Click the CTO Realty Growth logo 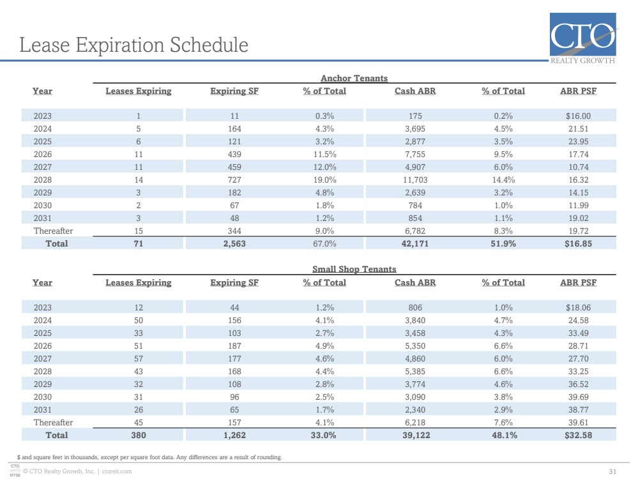coord(582,38)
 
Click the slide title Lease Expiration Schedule coord(134,45)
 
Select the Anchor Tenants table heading coord(354,78)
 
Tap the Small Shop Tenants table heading coord(354,269)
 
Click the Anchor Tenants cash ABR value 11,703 coord(415,180)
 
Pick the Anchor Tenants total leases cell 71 coord(139,244)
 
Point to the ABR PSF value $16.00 coord(578,116)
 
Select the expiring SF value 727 coord(234,180)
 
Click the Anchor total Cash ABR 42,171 coord(415,244)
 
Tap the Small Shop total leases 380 coord(139,436)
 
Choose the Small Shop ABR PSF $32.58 coord(578,436)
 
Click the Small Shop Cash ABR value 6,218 coord(415,422)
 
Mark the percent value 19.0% coord(324,180)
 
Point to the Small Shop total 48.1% coord(504,436)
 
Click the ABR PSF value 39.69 coord(578,397)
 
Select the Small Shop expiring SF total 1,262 coord(234,436)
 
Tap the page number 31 coord(612,472)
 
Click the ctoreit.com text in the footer coord(117,471)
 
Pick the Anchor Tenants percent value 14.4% coord(503,180)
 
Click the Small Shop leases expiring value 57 coord(139,358)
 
